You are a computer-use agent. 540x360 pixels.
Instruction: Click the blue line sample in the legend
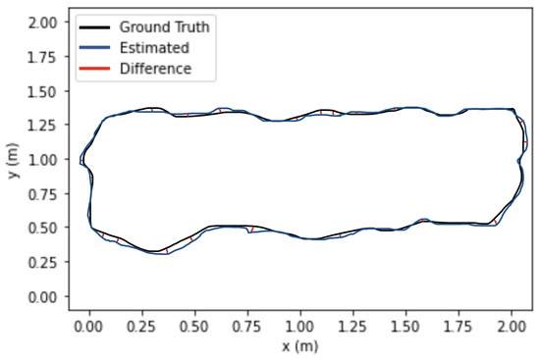tap(94, 46)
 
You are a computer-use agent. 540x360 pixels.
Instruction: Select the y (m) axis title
tap(12, 159)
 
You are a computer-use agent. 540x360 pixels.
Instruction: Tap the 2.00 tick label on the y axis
tap(43, 23)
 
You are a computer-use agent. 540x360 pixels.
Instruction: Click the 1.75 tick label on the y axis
tap(43, 57)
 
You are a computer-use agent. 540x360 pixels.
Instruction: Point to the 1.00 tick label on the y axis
tap(43, 159)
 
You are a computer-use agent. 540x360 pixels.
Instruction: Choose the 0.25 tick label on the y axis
tap(43, 262)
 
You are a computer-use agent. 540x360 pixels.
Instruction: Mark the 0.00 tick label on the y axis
tap(43, 295)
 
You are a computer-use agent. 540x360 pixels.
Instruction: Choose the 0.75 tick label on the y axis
tap(43, 193)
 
